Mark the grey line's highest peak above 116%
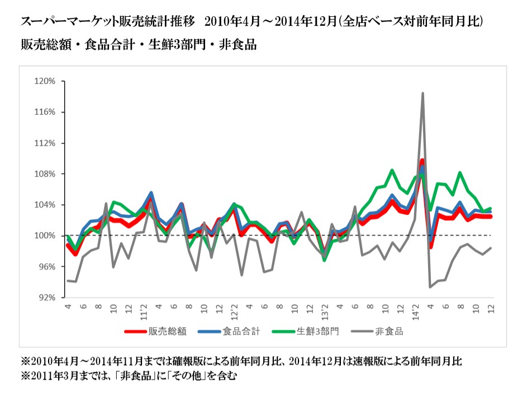(422, 93)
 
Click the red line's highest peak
(422, 161)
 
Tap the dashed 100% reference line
(279, 235)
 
